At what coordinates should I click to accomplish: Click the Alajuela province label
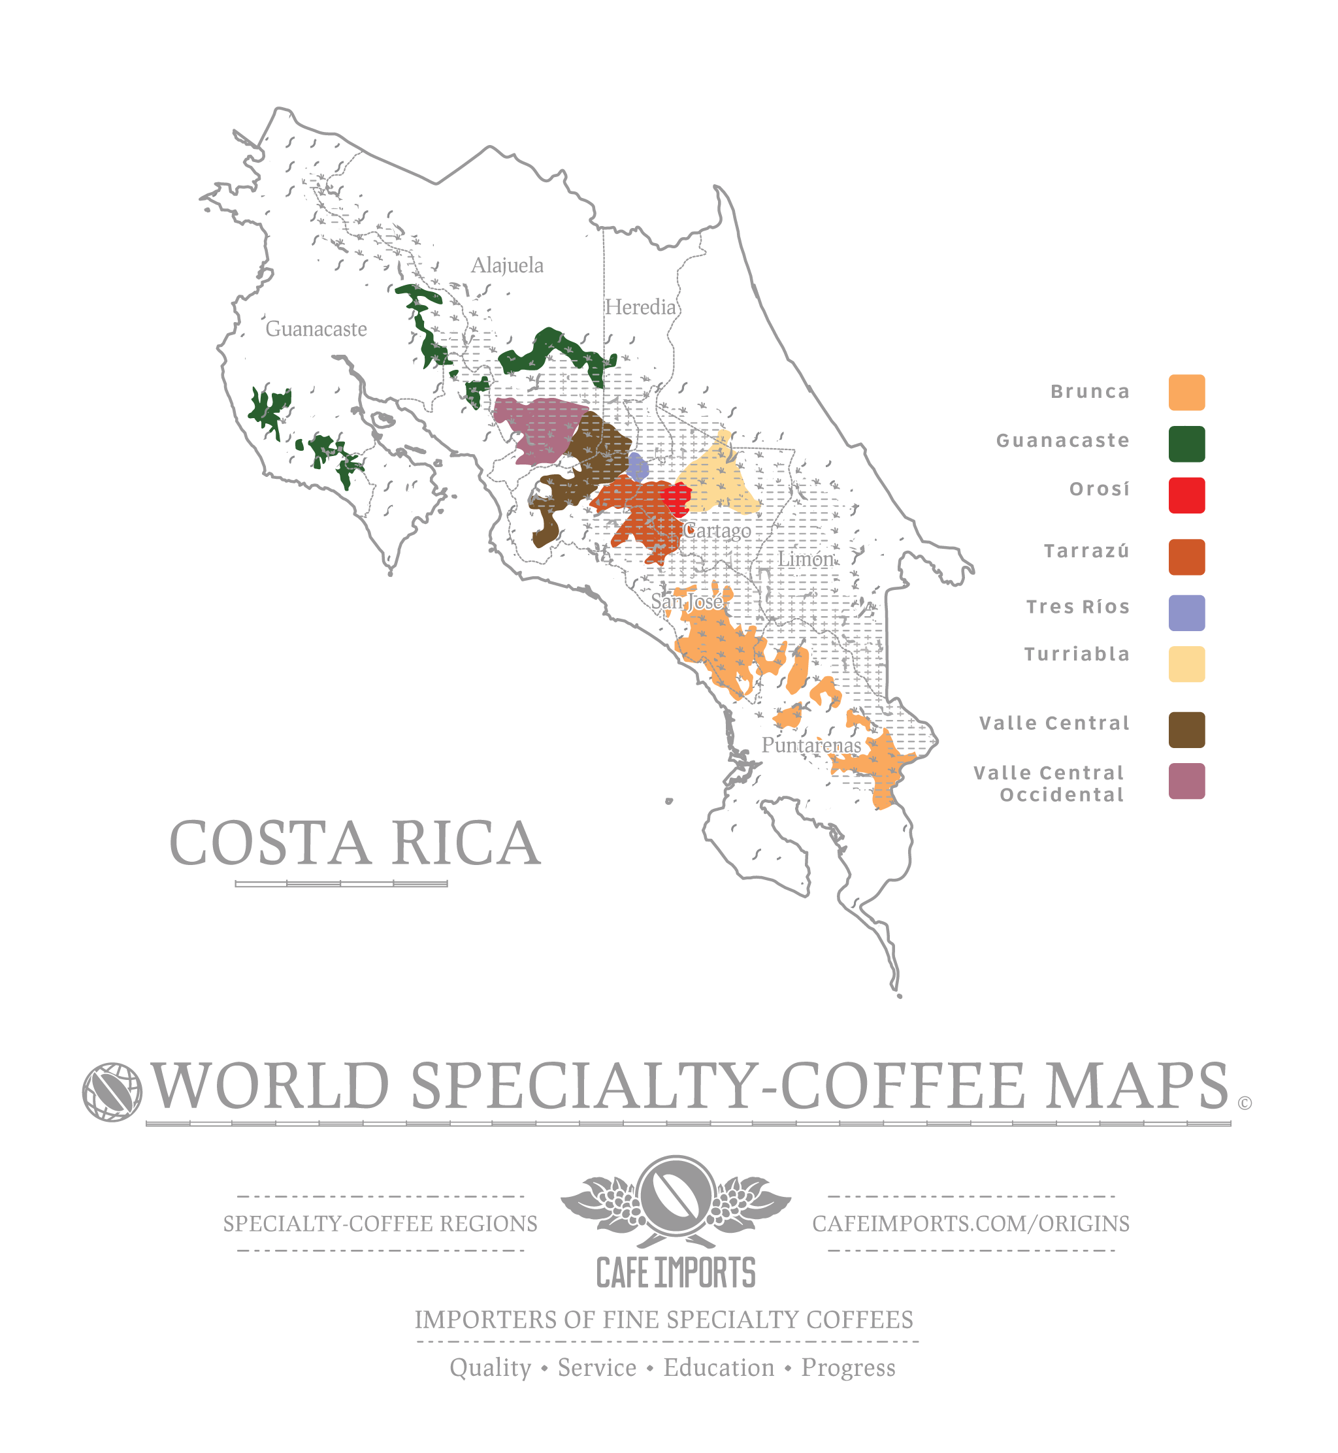tap(507, 266)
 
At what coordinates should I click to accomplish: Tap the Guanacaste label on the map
tap(316, 329)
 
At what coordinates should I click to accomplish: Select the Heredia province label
tap(640, 308)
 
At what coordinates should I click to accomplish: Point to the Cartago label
tap(718, 531)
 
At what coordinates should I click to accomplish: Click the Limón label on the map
tap(806, 560)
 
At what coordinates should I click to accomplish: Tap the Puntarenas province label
tap(811, 745)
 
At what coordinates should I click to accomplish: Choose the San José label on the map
tap(687, 602)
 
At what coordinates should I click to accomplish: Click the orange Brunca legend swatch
tap(1186, 393)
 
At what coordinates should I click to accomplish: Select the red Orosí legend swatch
tap(1186, 495)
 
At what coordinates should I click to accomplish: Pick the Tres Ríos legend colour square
tap(1186, 613)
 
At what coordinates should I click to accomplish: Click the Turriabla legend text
tap(1076, 655)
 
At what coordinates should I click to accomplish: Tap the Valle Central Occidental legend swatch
tap(1186, 781)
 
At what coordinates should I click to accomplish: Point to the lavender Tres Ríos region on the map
tap(637, 467)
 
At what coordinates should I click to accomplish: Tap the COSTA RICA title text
tap(355, 843)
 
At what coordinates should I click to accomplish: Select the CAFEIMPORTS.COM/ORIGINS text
tap(970, 1224)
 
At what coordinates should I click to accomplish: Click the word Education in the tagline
tap(718, 1367)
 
